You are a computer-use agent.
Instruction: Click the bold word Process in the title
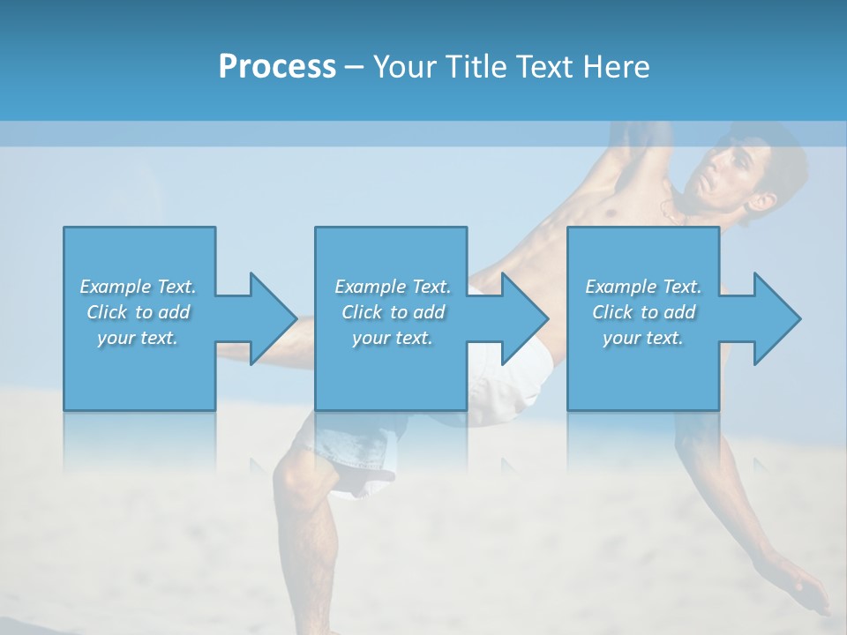click(277, 67)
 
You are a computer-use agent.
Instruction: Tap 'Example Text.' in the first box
click(138, 287)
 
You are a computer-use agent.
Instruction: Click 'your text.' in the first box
click(138, 338)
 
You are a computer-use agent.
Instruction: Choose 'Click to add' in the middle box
click(393, 312)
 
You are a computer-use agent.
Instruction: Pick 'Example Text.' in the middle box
click(393, 287)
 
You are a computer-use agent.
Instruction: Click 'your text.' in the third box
click(643, 338)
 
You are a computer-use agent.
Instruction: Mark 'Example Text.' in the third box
click(643, 287)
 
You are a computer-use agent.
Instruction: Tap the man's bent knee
click(300, 481)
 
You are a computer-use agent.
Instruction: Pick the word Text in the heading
click(541, 67)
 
